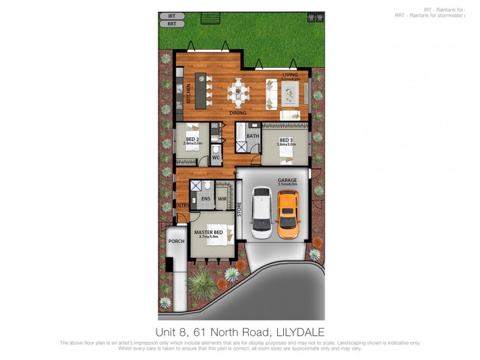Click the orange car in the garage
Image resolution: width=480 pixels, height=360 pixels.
pos(288,214)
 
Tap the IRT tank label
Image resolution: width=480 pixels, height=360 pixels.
pos(172,17)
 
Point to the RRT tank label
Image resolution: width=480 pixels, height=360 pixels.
pos(172,25)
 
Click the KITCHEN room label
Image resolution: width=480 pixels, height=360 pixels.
pos(188,94)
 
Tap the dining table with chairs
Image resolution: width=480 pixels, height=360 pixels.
pos(239,92)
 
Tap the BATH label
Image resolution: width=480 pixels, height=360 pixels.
pos(253,136)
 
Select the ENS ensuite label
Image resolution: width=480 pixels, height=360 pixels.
pos(206,198)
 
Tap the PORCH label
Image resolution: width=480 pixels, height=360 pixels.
pos(176,241)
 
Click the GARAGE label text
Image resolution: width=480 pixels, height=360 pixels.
pos(287,180)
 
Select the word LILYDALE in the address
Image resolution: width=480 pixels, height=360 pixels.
pos(300,332)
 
